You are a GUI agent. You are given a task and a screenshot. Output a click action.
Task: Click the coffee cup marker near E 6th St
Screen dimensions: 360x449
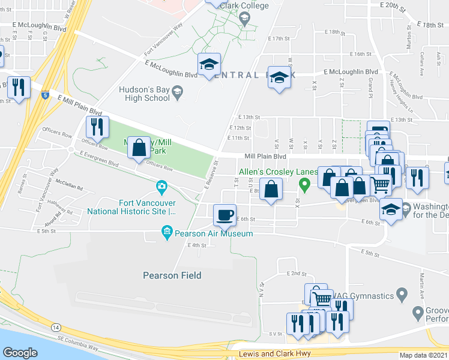click(x=225, y=214)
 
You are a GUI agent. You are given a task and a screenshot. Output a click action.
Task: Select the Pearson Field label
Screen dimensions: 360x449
click(x=169, y=275)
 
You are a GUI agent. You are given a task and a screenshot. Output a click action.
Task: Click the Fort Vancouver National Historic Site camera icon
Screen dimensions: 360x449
click(x=161, y=188)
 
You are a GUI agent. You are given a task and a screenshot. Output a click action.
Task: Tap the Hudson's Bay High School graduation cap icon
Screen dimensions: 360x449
click(x=177, y=92)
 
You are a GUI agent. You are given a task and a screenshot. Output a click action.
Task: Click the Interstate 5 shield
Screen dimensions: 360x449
click(x=46, y=95)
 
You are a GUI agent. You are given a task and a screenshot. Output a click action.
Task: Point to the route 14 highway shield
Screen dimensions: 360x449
click(x=56, y=326)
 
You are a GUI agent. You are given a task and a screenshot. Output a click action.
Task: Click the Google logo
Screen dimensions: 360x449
click(x=20, y=353)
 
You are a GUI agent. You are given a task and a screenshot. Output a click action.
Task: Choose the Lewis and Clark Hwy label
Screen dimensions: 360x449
click(x=274, y=353)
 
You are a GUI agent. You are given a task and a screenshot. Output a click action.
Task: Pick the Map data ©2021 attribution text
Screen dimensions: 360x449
click(x=423, y=355)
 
